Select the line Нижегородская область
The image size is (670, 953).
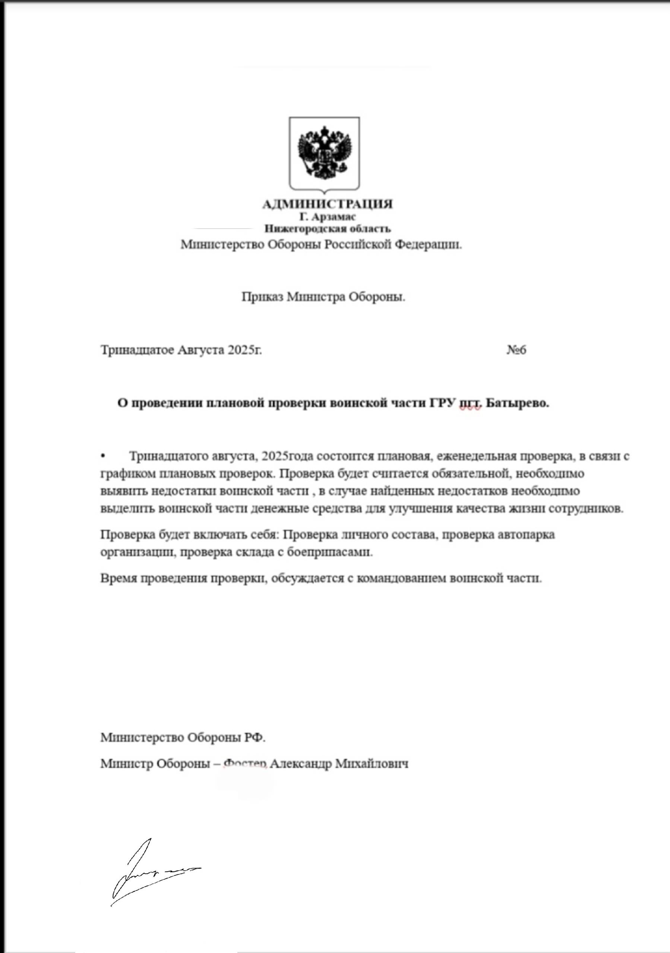tap(328, 229)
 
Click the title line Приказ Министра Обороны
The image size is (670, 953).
tap(323, 297)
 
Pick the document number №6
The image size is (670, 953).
tap(516, 350)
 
